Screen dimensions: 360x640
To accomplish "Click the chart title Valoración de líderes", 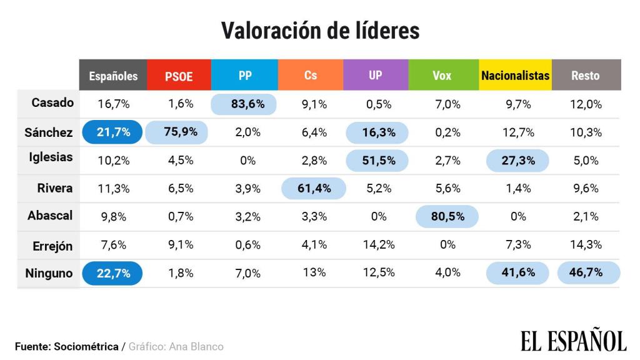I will (x=320, y=30).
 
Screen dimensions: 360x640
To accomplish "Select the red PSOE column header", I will (x=179, y=76).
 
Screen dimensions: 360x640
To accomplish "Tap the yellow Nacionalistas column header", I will (x=515, y=76).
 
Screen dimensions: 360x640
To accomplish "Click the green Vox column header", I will (x=441, y=76).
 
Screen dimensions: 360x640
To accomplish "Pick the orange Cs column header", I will (x=311, y=76).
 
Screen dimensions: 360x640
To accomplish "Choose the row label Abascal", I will (x=50, y=216).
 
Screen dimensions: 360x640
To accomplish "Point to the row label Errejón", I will (x=52, y=246).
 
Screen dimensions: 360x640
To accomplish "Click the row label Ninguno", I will (x=49, y=273).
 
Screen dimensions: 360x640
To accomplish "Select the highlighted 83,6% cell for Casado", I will (x=247, y=104).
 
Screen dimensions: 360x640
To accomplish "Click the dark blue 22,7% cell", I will (x=113, y=273).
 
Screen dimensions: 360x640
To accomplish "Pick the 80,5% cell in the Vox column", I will (x=447, y=216).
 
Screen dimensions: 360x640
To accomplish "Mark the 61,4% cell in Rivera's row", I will (x=313, y=188).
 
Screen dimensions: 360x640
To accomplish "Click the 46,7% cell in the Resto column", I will (x=587, y=273).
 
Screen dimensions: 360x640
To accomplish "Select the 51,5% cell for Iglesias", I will (x=378, y=160).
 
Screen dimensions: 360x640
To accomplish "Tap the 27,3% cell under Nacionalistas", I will (x=517, y=160).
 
